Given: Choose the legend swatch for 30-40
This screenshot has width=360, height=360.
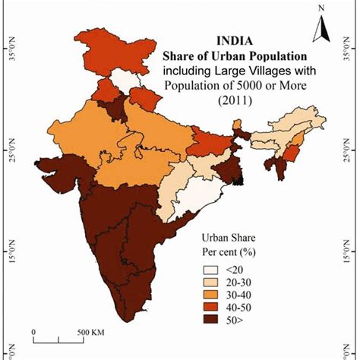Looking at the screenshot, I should click(x=209, y=294).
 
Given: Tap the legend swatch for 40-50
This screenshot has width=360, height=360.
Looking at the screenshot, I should click(x=209, y=308).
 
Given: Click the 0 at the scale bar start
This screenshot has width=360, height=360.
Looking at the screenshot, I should click(x=34, y=332).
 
